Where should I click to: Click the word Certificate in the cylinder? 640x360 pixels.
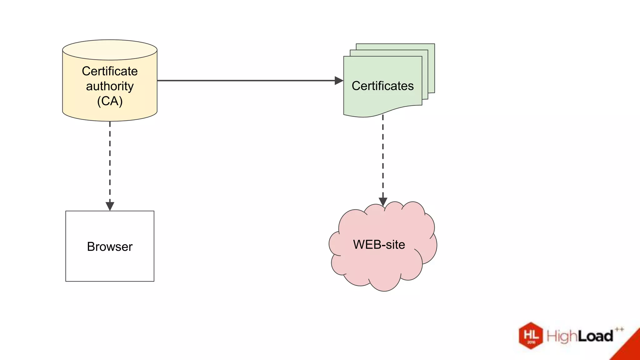tap(110, 71)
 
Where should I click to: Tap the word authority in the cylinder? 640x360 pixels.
tap(110, 86)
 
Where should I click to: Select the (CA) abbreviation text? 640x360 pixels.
tap(110, 101)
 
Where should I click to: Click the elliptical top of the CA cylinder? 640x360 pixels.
tap(110, 50)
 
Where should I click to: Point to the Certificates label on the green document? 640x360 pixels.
tap(382, 86)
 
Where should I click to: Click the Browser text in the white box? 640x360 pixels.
tap(110, 247)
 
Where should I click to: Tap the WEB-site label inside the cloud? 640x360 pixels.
tap(379, 244)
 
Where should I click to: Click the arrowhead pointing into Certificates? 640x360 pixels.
tap(339, 81)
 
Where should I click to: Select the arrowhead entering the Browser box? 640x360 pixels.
tap(110, 206)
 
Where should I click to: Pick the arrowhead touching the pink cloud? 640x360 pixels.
tap(383, 202)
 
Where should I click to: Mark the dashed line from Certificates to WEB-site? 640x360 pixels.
tap(383, 156)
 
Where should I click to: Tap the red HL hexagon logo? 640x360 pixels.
tap(531, 336)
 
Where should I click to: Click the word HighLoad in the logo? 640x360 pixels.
tap(580, 336)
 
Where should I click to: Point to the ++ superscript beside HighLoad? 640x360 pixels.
tap(619, 329)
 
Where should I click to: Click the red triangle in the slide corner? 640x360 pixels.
tap(630, 348)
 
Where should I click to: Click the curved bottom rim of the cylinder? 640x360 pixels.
tap(110, 120)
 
